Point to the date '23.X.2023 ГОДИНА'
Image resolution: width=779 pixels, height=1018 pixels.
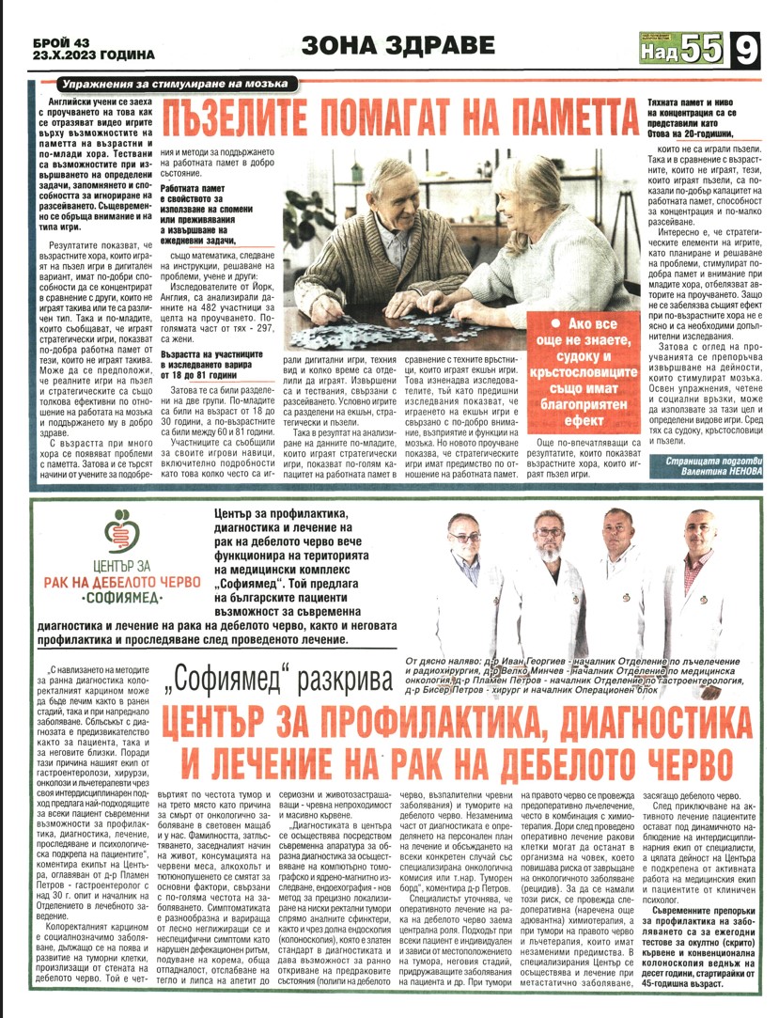[85, 55]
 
